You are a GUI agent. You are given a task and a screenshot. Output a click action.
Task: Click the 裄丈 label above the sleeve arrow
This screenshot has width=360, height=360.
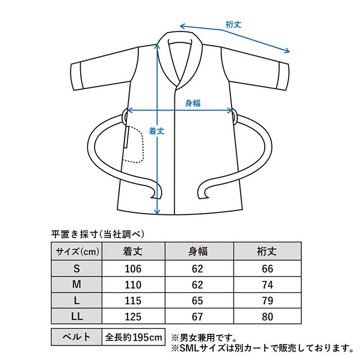(234, 24)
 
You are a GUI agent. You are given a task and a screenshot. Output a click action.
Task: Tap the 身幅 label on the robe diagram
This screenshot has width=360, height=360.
(193, 103)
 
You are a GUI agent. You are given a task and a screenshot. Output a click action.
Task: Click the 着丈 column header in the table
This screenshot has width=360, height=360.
(134, 252)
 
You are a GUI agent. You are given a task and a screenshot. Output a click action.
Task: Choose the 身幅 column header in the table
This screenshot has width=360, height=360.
(197, 252)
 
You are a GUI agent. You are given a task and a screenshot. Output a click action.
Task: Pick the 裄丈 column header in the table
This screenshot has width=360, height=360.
(266, 252)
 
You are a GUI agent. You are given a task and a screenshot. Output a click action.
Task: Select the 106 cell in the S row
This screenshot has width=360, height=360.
(134, 268)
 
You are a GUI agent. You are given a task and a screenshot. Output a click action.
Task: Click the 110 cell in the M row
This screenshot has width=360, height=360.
(134, 284)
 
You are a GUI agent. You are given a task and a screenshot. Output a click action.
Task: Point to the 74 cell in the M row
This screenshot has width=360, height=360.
(266, 284)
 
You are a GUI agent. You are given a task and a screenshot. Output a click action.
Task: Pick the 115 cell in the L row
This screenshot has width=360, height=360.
(134, 300)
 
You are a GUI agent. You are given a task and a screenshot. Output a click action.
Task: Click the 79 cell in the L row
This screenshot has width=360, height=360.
(266, 300)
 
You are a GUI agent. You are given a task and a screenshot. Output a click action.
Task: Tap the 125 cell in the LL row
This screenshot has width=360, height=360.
(134, 317)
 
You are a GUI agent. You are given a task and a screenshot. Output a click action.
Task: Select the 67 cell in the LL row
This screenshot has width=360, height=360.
(197, 317)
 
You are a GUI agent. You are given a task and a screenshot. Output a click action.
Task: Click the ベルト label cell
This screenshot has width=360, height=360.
(77, 337)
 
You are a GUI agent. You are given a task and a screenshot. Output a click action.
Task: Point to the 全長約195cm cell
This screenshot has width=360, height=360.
(134, 337)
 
